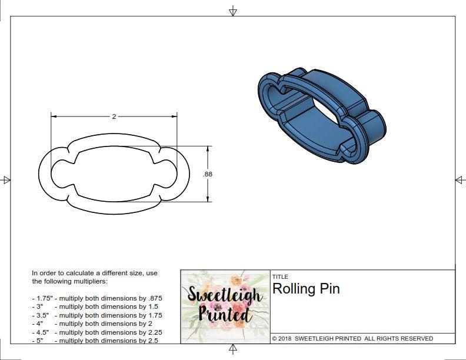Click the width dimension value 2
coord(114,116)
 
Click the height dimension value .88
coord(207,174)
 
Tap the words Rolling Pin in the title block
coord(306,289)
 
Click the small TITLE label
coord(279,276)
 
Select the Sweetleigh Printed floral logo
coord(225,305)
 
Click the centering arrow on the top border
coord(233,11)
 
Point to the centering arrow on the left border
coord(6,179)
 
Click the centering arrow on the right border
coord(460,179)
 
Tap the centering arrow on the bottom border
coord(233,350)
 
